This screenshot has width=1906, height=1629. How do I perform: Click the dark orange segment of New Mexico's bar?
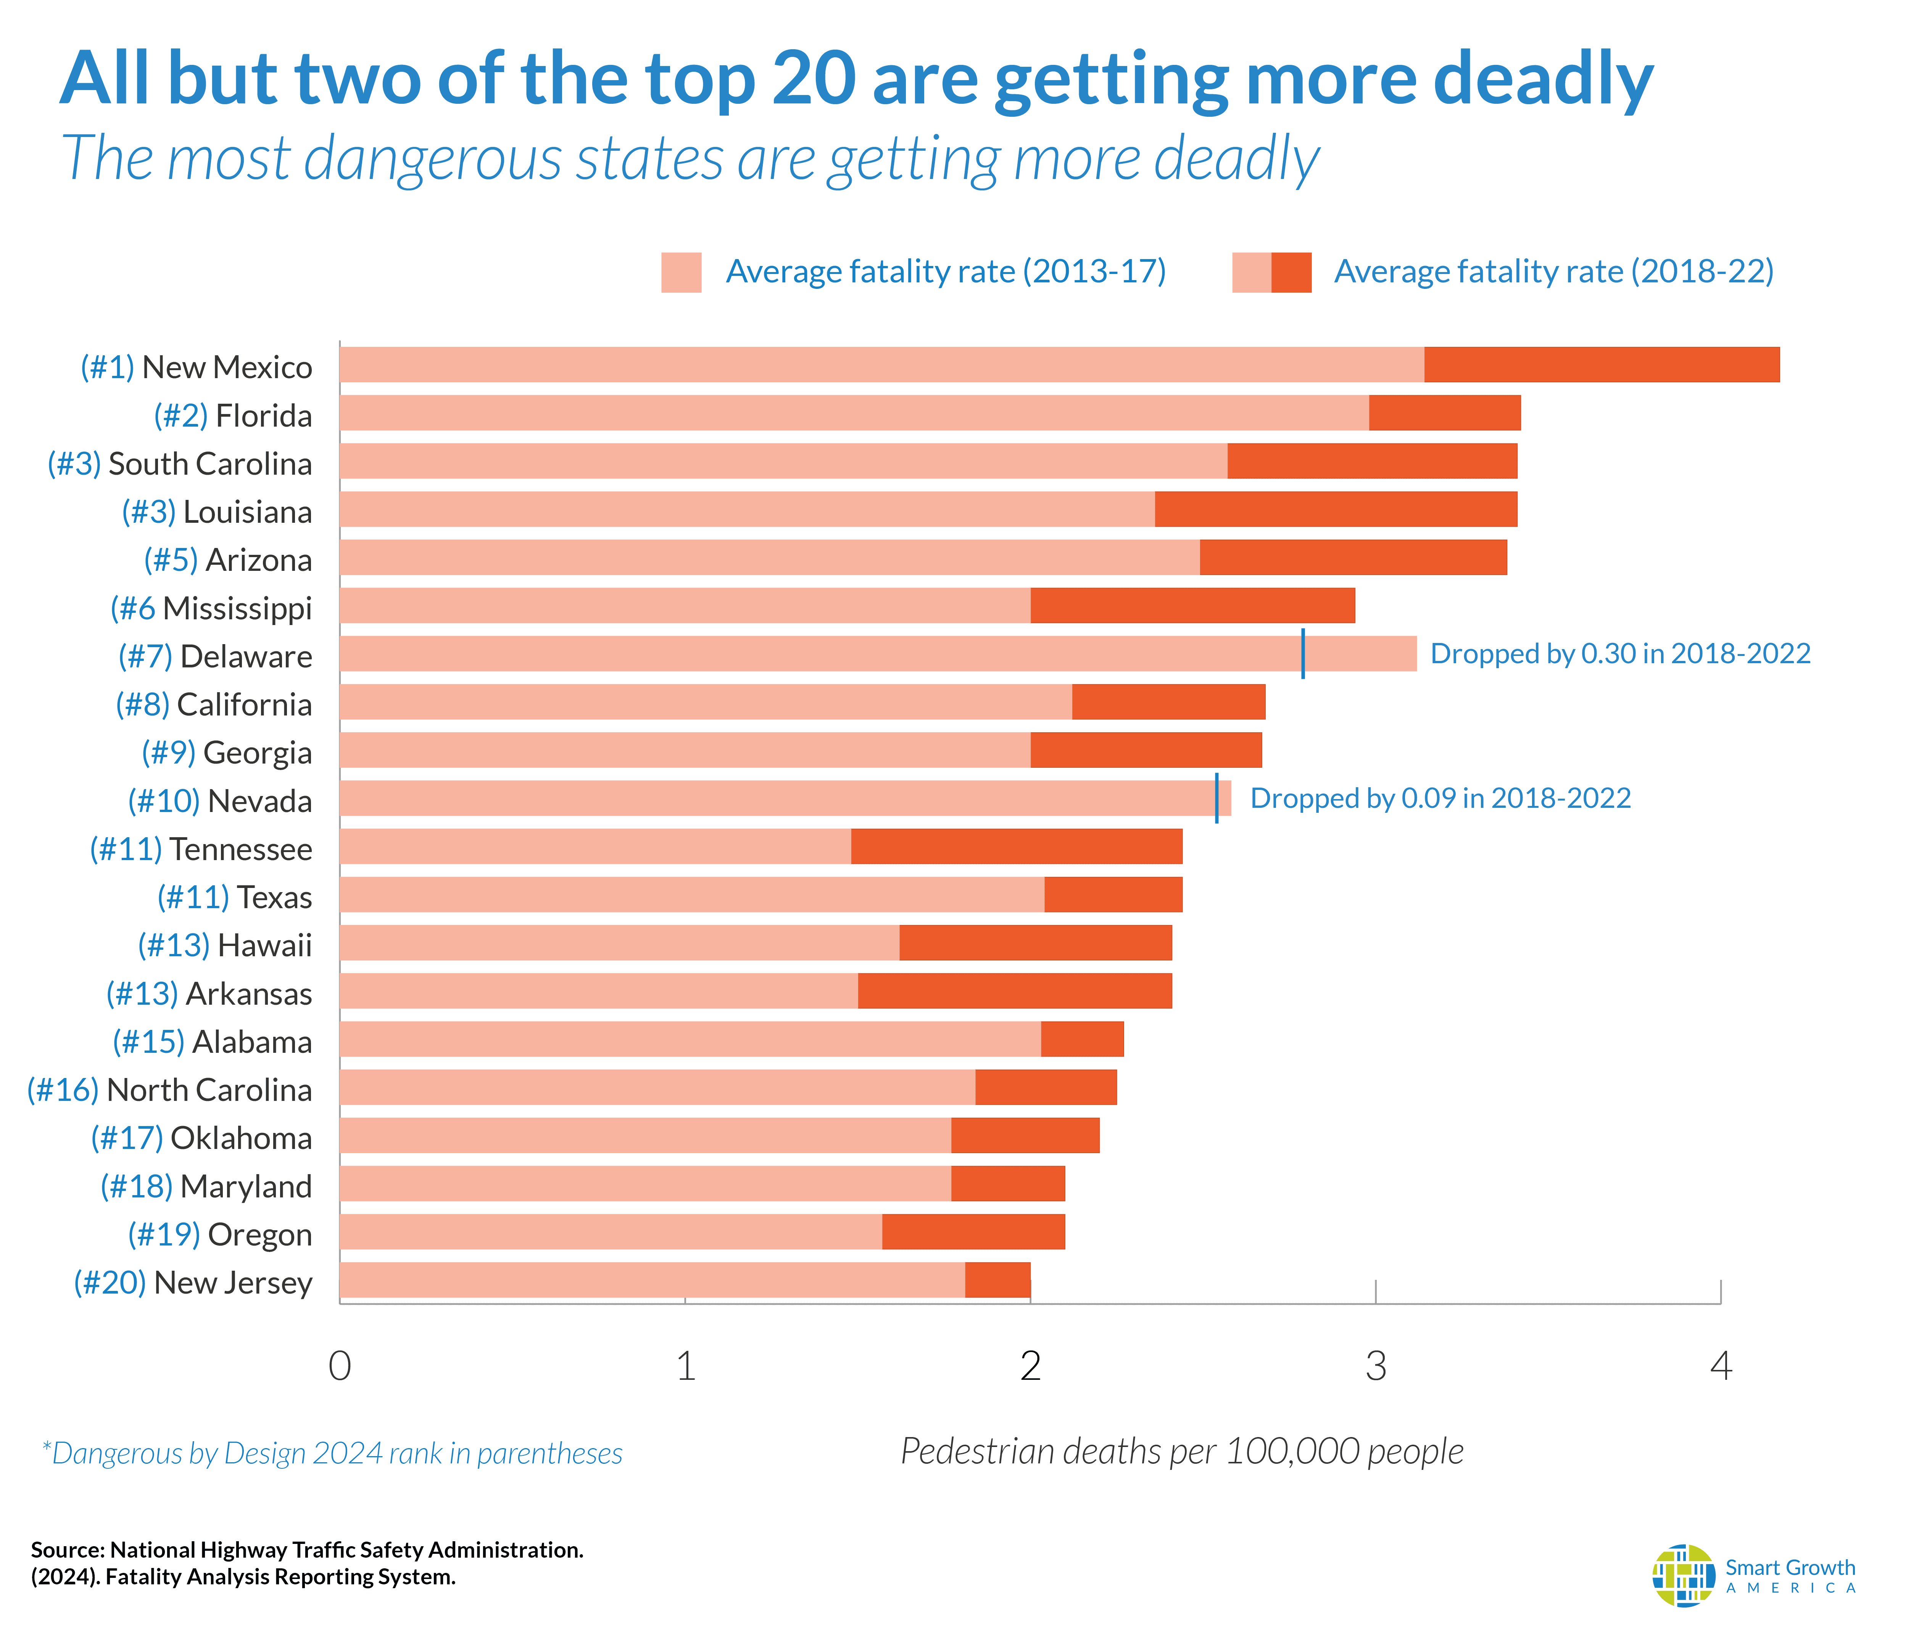click(x=1601, y=364)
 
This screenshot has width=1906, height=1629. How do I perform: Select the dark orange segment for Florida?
click(x=1444, y=413)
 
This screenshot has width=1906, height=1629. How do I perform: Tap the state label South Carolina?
click(x=210, y=464)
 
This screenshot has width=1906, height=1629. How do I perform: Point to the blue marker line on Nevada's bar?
click(x=1217, y=798)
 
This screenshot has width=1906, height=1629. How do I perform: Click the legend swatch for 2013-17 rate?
click(x=681, y=272)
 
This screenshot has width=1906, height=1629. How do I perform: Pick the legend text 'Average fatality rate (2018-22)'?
click(x=1553, y=271)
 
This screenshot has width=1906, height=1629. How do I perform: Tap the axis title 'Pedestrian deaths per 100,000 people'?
click(x=1181, y=1450)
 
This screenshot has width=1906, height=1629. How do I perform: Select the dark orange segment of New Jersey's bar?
click(x=997, y=1279)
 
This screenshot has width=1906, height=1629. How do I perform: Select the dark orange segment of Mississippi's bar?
click(x=1192, y=605)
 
